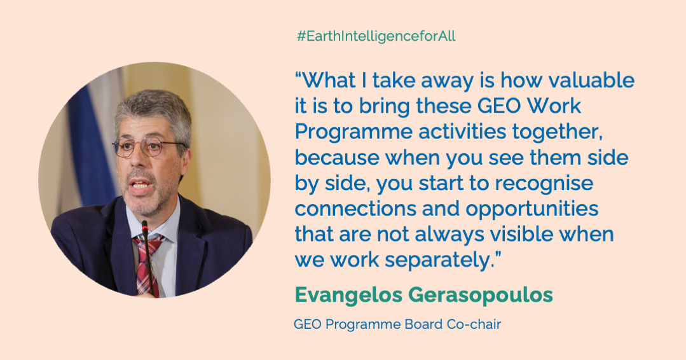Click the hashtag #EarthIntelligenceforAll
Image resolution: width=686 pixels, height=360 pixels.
[x=376, y=36]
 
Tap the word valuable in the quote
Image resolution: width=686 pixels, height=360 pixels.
[x=591, y=81]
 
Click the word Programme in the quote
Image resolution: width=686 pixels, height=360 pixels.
[x=353, y=132]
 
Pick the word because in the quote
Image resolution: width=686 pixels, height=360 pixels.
[x=337, y=158]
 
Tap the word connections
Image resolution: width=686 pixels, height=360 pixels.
[x=355, y=209]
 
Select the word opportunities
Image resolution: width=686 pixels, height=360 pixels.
[x=532, y=209]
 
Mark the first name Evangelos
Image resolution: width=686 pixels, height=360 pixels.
[x=348, y=295]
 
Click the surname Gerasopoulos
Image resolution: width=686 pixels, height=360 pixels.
[x=481, y=295]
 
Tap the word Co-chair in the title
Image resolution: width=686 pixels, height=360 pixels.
[x=474, y=324]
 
